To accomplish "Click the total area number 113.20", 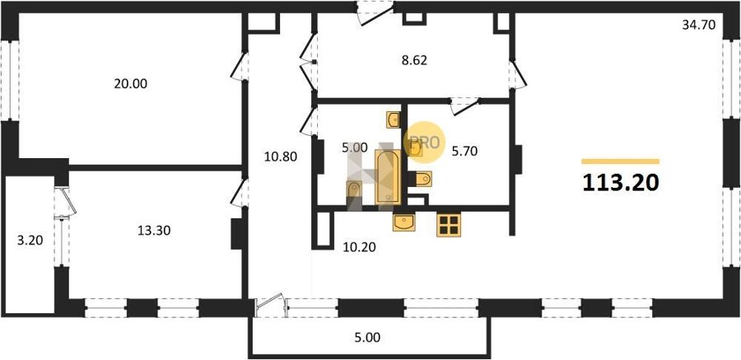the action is [621, 183].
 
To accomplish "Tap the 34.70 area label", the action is [699, 25].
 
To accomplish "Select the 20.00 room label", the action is [130, 84].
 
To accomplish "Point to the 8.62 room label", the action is [414, 61].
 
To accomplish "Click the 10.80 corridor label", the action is [280, 157].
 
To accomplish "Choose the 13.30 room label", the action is [154, 231].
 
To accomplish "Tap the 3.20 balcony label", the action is [30, 241].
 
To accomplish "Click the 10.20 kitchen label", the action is [359, 246].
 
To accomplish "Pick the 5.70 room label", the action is [464, 152].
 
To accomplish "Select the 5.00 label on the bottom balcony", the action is [366, 338].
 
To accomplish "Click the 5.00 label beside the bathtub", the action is [354, 147].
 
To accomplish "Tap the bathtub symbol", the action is [388, 177].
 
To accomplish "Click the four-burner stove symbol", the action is [449, 225].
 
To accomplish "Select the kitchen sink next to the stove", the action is [404, 222].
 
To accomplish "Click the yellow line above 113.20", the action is [621, 161].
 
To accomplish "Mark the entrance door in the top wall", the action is [375, 12].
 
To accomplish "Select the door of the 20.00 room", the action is [240, 66].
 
